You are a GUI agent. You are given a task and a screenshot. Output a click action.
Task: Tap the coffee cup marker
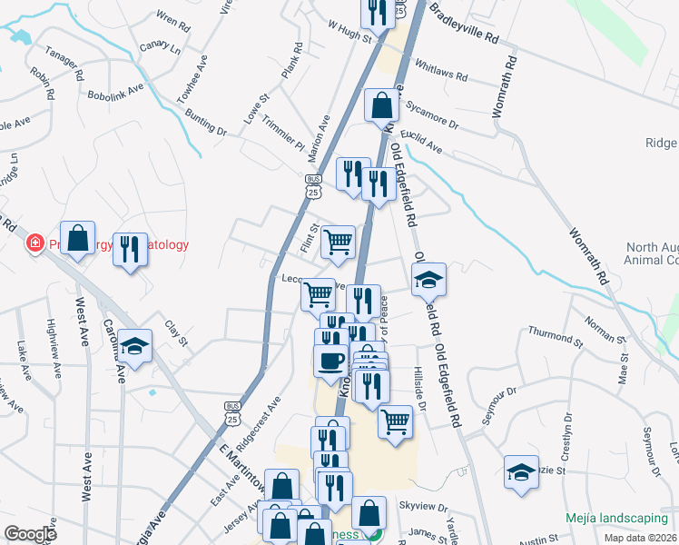click(330, 360)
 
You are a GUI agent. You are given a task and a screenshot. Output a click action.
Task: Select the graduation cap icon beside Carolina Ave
click(134, 346)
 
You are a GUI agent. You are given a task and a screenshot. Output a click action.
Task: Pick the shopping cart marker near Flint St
click(338, 242)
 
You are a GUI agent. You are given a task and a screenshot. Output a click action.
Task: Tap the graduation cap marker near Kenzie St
click(521, 472)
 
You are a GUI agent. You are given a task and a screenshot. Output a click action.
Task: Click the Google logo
click(30, 534)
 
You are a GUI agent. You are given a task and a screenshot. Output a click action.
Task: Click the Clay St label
click(175, 333)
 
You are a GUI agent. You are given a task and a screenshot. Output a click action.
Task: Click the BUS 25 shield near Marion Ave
click(313, 186)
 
